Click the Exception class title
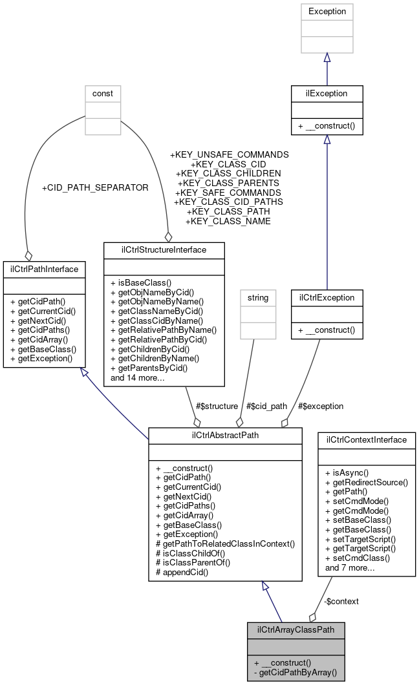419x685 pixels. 327,11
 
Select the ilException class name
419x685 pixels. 327,93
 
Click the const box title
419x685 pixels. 103,93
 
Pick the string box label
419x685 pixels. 257,298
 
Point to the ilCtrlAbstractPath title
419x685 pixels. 225,436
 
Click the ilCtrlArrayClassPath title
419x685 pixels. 296,629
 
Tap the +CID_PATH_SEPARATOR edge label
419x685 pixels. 95,187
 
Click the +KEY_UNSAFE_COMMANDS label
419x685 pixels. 229,155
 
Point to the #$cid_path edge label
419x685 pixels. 267,406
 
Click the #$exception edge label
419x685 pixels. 321,406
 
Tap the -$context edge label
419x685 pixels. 341,601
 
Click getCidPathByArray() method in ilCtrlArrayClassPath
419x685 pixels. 295,672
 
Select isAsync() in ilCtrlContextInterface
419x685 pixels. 347,473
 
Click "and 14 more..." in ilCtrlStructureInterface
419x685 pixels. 138,377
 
